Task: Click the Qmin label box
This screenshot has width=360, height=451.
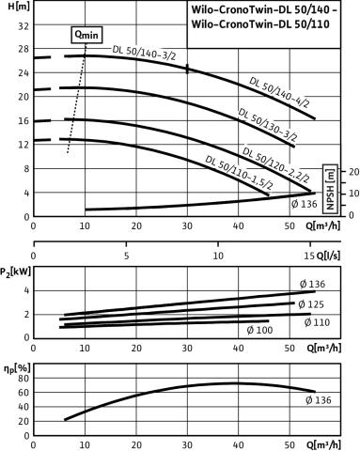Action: click(x=86, y=34)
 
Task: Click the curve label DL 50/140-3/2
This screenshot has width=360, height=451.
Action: click(x=144, y=53)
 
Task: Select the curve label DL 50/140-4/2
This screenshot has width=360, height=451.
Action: click(x=279, y=92)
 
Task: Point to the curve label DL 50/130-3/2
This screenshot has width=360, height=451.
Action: click(x=268, y=125)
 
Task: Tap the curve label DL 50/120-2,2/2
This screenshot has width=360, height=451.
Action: click(x=276, y=164)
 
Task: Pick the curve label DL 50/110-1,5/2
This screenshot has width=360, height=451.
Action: click(x=239, y=172)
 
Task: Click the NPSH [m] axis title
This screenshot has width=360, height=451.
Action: click(x=331, y=189)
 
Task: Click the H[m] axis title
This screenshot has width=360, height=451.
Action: click(x=19, y=7)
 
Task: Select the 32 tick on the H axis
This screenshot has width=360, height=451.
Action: click(x=23, y=25)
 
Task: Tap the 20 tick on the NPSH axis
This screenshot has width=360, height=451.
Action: click(x=354, y=172)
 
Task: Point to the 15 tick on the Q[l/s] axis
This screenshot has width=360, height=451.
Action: click(x=309, y=256)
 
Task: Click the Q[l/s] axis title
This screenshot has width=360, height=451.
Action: click(x=328, y=256)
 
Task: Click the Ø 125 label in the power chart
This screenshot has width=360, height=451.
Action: click(x=311, y=304)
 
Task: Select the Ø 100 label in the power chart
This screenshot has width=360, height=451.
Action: click(x=259, y=330)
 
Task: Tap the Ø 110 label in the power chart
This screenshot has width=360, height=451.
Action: click(x=317, y=322)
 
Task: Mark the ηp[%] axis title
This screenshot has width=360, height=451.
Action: click(x=17, y=369)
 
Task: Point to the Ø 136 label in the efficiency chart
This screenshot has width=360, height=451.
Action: click(x=318, y=400)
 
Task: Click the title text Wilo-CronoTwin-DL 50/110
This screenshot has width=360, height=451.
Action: click(x=260, y=24)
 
